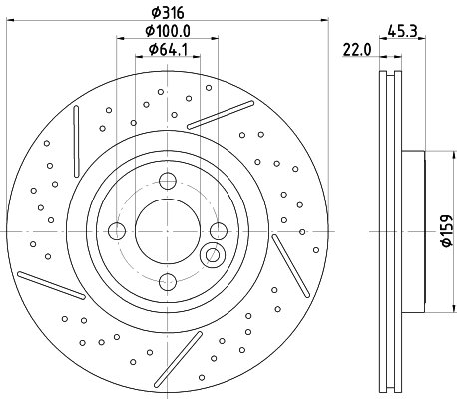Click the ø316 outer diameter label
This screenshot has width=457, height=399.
(x=167, y=11)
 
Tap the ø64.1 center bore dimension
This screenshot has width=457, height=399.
(x=167, y=51)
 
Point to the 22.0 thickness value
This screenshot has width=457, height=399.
(x=356, y=48)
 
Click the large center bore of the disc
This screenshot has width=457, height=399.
(x=167, y=231)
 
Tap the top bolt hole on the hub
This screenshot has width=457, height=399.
(x=167, y=181)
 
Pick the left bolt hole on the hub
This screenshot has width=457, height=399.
(x=117, y=231)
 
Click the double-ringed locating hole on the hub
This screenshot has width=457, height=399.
(x=212, y=256)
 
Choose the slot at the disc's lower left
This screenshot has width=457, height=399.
(x=49, y=284)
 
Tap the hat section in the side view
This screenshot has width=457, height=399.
(x=413, y=231)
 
